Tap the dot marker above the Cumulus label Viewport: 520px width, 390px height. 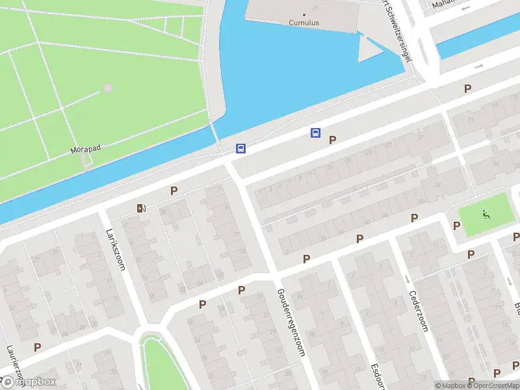[x=304, y=14]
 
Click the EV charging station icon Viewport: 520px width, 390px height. [x=140, y=209]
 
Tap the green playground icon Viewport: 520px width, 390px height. [x=484, y=214]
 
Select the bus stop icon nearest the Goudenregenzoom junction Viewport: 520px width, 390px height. [x=240, y=149]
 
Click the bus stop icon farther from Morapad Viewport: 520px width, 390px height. [x=316, y=133]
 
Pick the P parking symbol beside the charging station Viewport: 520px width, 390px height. [x=174, y=190]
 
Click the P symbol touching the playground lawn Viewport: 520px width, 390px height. [x=456, y=226]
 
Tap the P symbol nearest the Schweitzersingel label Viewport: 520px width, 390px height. [x=467, y=88]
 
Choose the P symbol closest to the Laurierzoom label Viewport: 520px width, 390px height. [x=38, y=347]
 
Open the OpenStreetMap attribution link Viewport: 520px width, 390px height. [x=491, y=385]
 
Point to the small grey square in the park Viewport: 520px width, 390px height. [x=107, y=88]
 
